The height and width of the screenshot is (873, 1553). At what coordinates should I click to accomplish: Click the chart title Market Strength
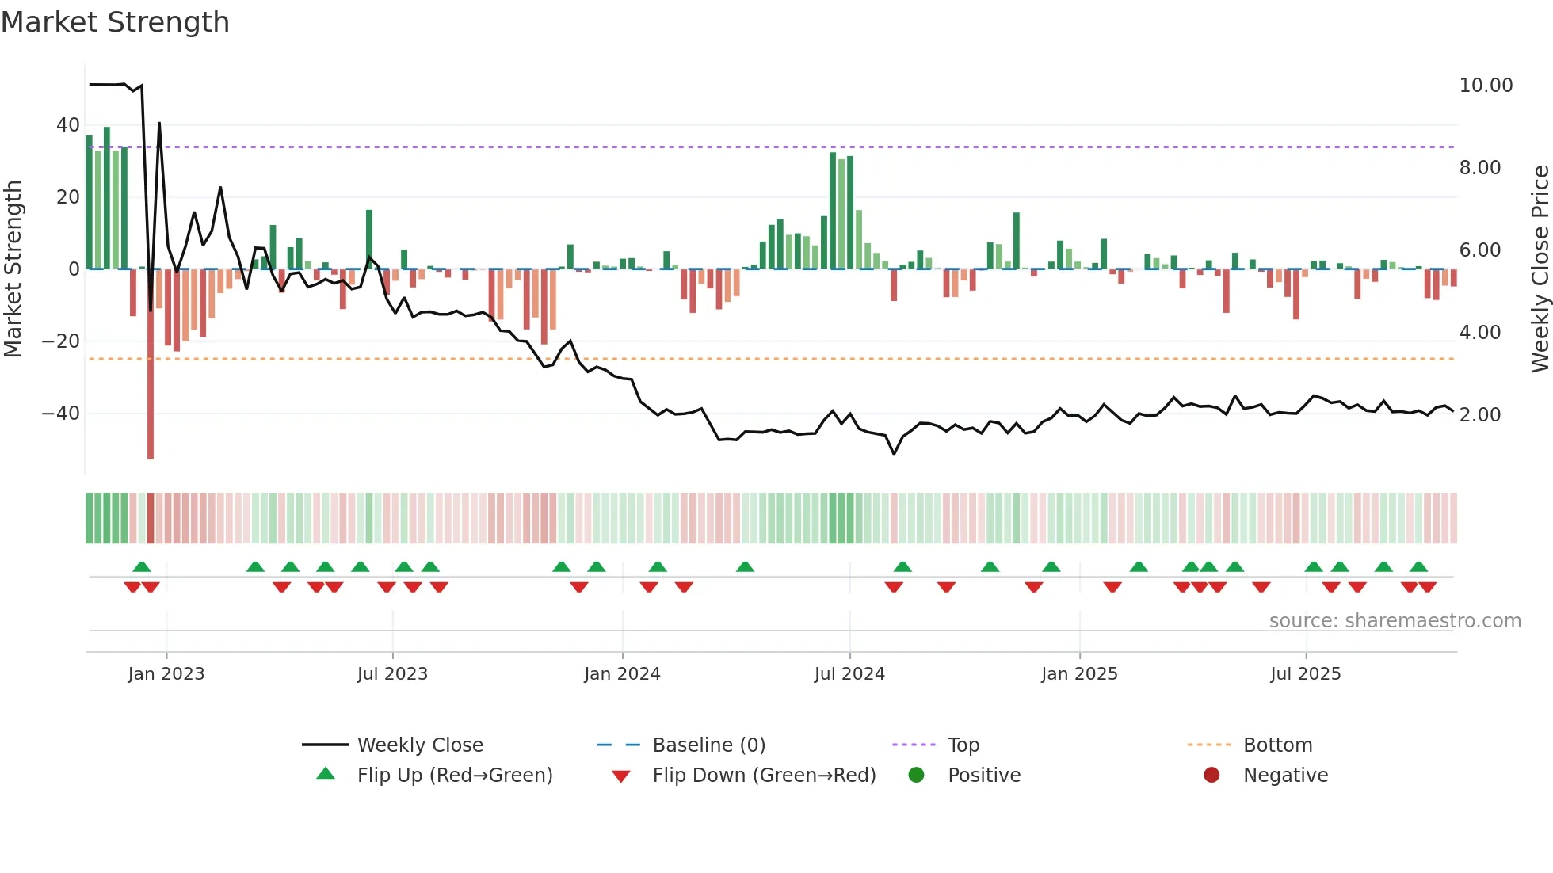coord(115,22)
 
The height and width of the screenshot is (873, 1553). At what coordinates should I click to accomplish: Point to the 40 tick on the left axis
coord(67,125)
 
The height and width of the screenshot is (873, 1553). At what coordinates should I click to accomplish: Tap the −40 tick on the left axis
coord(61,414)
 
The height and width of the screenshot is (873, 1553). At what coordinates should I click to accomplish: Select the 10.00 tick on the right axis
coord(1486,86)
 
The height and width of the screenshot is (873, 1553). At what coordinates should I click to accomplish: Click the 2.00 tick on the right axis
coord(1479,415)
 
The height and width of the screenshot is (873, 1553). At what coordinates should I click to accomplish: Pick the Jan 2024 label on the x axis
coord(622,674)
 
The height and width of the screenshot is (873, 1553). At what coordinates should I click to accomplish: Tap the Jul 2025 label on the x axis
coord(1305,674)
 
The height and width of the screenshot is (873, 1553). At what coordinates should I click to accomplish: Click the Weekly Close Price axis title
coord(1540,269)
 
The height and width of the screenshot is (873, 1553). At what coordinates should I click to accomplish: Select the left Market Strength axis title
coord(13,269)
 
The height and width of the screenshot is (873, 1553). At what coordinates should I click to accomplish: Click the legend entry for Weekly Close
coord(420,745)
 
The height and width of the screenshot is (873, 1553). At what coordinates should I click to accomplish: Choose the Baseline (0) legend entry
coord(708,745)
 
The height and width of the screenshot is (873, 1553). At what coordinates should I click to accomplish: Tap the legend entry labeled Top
coord(963,745)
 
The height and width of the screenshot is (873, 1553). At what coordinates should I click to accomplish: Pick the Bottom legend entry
coord(1277,745)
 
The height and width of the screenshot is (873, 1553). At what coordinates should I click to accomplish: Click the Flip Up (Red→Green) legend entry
coord(454,776)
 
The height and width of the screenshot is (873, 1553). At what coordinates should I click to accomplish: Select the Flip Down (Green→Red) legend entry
coord(764,776)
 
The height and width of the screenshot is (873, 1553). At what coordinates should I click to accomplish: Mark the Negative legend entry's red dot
coord(1211,776)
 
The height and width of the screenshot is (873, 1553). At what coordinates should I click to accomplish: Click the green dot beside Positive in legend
coord(917,776)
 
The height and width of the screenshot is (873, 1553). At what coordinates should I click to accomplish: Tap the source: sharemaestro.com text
coord(1395,621)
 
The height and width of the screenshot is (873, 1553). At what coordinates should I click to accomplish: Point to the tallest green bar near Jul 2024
coord(833,211)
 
